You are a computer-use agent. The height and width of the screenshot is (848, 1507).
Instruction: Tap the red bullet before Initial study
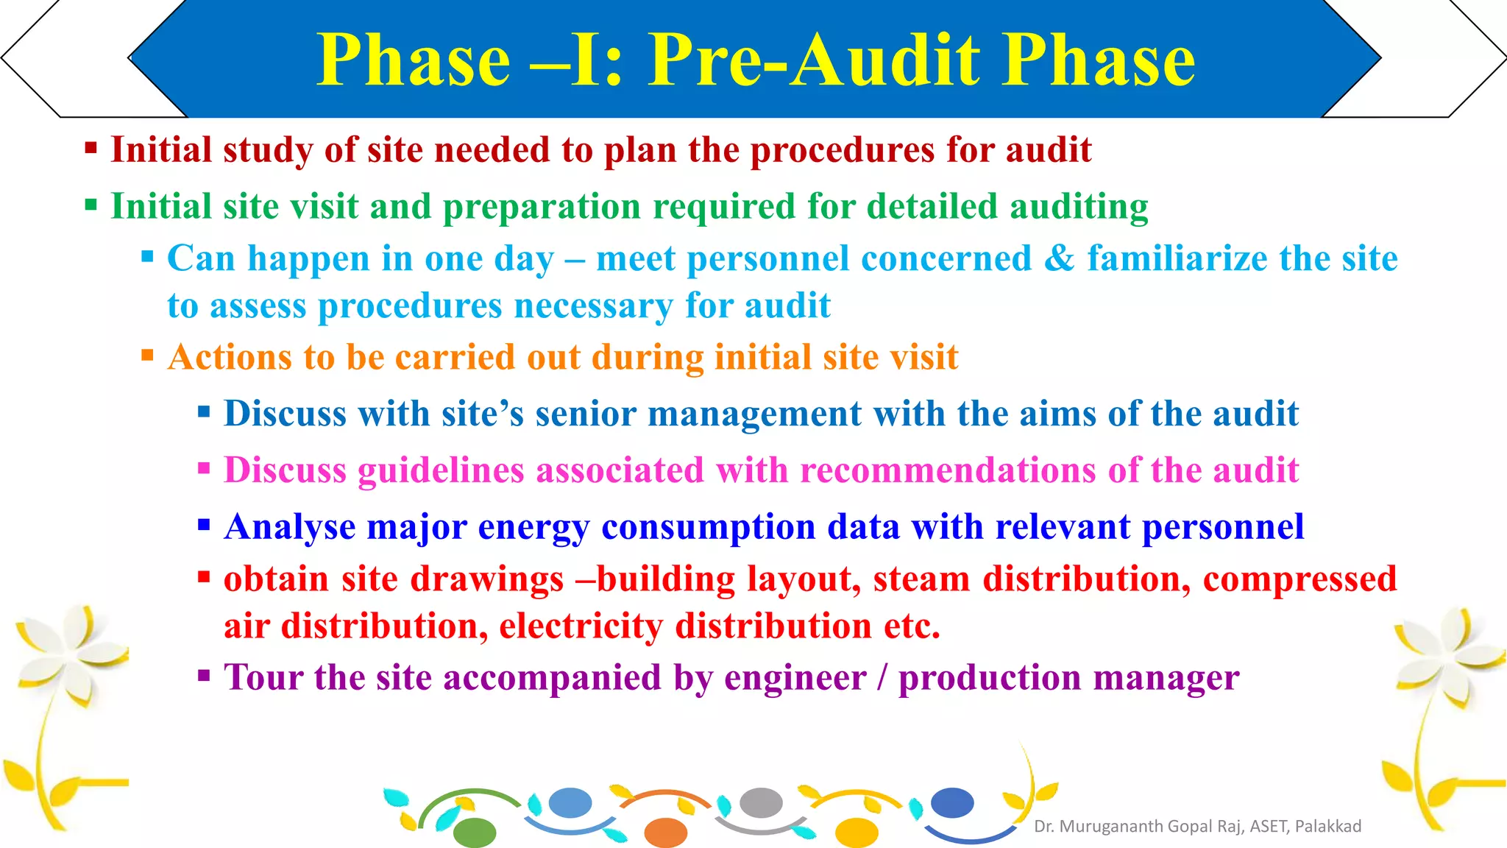tap(91, 149)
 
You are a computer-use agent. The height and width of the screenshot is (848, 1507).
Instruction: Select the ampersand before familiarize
tap(1060, 258)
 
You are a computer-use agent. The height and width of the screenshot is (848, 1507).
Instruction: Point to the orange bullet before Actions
tap(147, 356)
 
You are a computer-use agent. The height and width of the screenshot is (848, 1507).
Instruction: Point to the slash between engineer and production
tap(882, 678)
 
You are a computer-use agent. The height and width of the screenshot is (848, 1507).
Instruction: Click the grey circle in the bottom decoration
tap(760, 802)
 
